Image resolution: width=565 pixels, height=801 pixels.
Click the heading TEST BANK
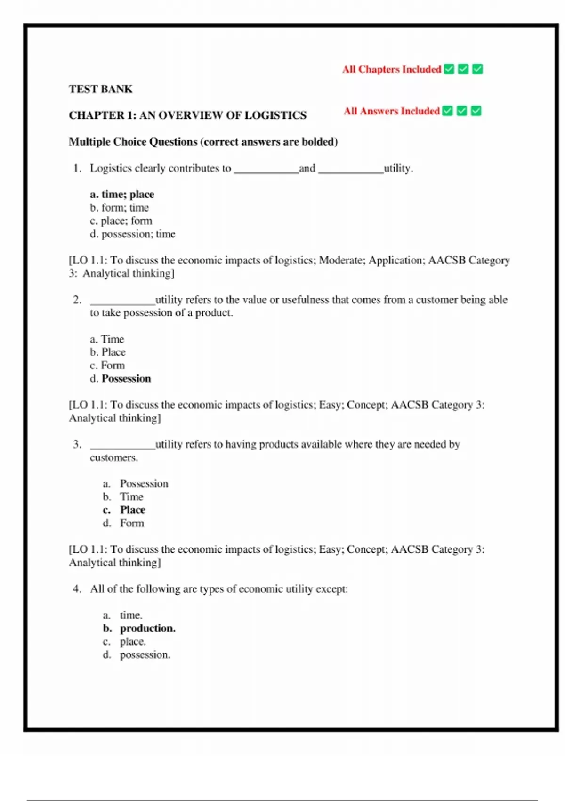(101, 89)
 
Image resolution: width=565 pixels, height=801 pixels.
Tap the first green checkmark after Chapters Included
(449, 69)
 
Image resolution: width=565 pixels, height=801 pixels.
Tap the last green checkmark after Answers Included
(476, 111)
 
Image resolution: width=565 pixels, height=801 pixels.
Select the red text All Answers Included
(391, 111)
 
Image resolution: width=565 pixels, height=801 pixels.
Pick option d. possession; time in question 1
(132, 234)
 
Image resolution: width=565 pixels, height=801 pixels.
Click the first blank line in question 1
(266, 171)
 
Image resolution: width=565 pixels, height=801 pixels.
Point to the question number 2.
(77, 300)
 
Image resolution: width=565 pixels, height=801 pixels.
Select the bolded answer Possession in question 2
(126, 379)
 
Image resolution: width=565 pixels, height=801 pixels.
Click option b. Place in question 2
(108, 352)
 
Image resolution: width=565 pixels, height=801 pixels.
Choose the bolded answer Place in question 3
(132, 510)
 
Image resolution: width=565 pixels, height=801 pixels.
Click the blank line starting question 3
(122, 447)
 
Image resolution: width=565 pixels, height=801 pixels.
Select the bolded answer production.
(147, 629)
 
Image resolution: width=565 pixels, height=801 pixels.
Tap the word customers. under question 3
(113, 458)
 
